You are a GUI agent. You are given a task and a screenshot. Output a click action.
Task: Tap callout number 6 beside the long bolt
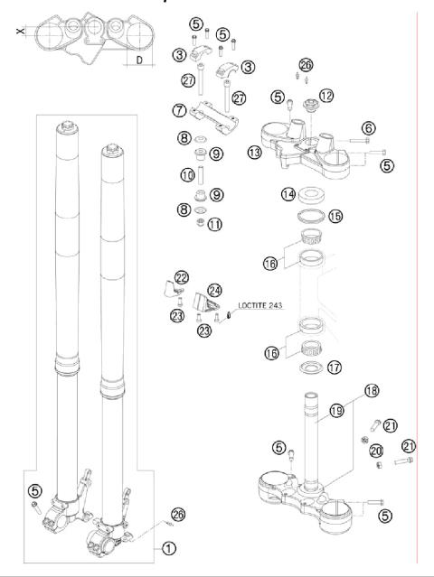click(369, 128)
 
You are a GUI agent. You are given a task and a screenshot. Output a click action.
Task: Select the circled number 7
click(180, 111)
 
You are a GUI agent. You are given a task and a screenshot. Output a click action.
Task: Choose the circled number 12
click(325, 95)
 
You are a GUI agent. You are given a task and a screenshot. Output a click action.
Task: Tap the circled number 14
click(288, 193)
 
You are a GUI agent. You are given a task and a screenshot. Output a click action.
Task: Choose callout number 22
click(182, 276)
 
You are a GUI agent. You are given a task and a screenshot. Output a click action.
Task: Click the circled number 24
click(215, 291)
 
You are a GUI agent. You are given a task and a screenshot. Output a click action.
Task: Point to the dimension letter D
click(140, 60)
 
